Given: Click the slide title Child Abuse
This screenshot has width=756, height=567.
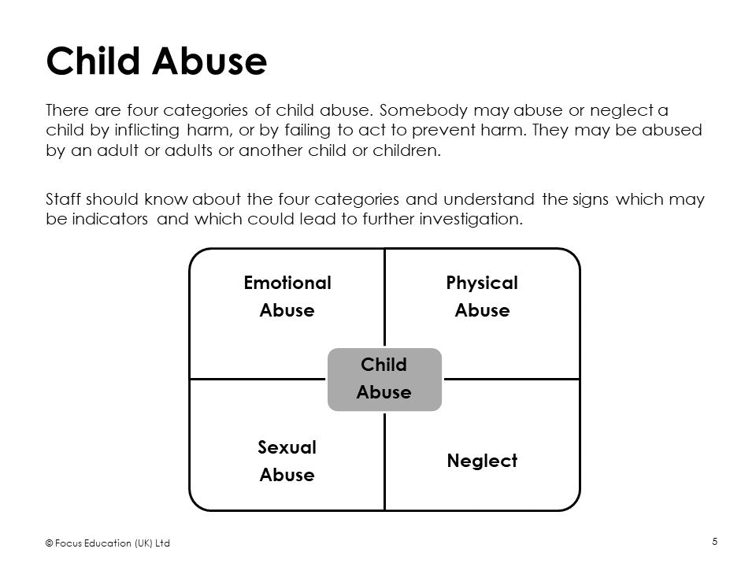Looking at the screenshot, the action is [156, 61].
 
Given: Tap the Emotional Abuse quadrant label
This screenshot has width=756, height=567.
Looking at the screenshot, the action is [287, 296].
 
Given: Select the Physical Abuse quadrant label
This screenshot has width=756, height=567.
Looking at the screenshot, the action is [482, 296].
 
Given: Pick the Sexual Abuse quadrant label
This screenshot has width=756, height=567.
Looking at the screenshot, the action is [287, 461].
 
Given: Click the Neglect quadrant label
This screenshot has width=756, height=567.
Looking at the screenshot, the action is [482, 461].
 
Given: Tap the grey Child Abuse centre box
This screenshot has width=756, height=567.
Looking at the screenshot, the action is [384, 380].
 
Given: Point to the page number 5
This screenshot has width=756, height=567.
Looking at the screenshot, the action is [715, 542].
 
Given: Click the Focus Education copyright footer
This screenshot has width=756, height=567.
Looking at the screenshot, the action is [108, 543].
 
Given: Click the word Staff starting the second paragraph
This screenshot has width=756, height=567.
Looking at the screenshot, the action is [63, 199].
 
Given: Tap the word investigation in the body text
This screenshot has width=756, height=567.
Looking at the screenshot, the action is [471, 220].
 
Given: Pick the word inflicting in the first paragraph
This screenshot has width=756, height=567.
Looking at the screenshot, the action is [146, 131].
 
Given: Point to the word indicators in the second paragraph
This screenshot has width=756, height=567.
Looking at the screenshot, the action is [110, 220].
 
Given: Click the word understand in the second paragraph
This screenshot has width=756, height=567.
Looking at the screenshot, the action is [488, 199].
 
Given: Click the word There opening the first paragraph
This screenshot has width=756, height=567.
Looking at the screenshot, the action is [68, 110].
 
